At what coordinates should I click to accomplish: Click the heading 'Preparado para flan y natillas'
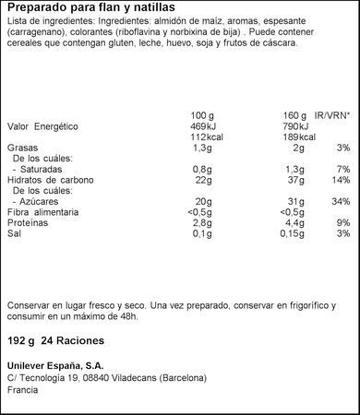83,10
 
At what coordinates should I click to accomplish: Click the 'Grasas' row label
22,147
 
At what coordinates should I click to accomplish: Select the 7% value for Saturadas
343,168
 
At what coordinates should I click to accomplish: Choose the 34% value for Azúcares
342,200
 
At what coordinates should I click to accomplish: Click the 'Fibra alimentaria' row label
43,211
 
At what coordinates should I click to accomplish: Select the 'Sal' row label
14,233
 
